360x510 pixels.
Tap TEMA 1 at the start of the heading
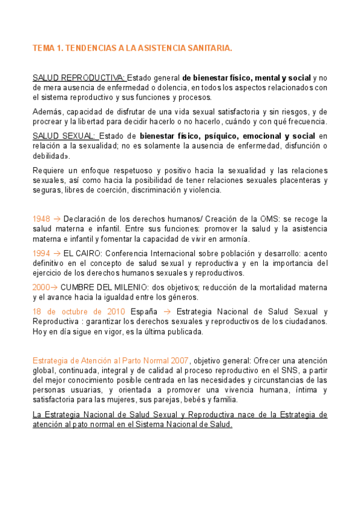(47, 48)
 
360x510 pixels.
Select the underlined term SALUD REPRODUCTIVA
(79, 78)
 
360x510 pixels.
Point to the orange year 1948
(41, 219)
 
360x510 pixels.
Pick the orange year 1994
(41, 253)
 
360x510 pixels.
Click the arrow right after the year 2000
(55, 287)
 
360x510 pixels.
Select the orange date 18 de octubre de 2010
(79, 312)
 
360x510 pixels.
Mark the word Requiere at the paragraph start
(50, 170)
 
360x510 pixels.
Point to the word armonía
(232, 239)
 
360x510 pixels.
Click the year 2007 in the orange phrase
(178, 360)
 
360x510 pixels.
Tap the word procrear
(49, 121)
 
